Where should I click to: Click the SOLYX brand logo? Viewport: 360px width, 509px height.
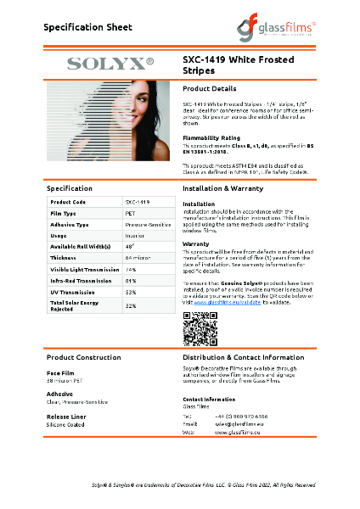click(110, 63)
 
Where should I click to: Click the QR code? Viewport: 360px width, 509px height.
click(200, 328)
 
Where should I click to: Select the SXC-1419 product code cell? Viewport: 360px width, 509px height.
click(138, 202)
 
